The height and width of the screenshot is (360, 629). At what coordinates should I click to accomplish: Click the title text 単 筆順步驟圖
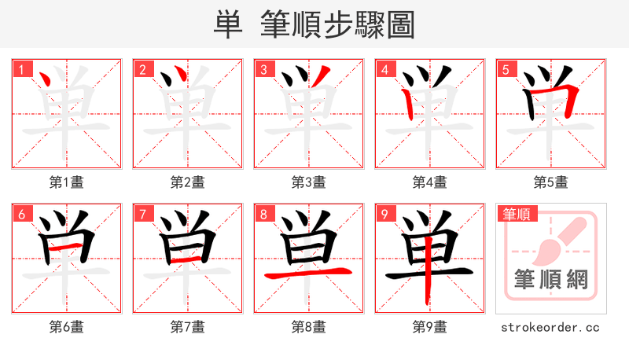(314, 24)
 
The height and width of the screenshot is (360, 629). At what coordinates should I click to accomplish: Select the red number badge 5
(506, 69)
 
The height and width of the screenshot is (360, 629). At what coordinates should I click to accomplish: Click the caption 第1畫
(67, 182)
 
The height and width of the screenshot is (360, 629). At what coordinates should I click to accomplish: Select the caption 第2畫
(188, 182)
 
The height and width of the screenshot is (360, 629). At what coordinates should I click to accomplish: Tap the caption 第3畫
(309, 182)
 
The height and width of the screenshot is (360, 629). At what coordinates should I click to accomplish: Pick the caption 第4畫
(430, 182)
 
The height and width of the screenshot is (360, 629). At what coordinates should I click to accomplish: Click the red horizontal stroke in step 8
(307, 274)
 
